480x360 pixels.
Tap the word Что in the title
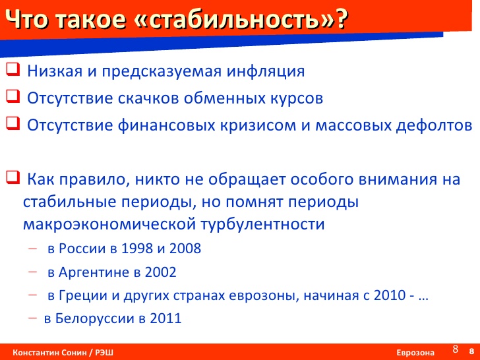(x=26, y=20)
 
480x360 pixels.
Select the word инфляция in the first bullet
(x=266, y=72)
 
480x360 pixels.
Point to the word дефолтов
(x=434, y=125)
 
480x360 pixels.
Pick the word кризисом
(x=258, y=125)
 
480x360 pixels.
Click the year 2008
(x=185, y=249)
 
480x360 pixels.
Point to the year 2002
(x=160, y=272)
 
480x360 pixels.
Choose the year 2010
(x=390, y=295)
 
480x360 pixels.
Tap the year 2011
(x=165, y=318)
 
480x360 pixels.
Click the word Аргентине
(x=94, y=273)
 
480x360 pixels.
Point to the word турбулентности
(x=262, y=224)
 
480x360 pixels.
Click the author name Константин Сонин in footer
(x=50, y=353)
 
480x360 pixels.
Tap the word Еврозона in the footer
(x=415, y=353)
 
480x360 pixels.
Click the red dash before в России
(x=32, y=249)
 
